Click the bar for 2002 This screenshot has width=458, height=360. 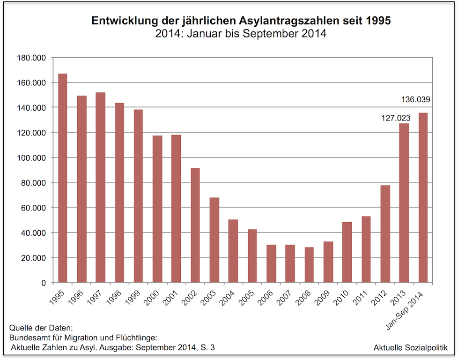point(195,225)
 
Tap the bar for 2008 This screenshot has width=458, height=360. point(309,265)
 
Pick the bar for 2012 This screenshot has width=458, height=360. point(385,234)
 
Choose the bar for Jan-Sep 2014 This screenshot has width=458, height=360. point(423,197)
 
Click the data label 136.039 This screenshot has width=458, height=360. point(415,99)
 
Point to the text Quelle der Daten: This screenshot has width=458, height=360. point(41,328)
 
